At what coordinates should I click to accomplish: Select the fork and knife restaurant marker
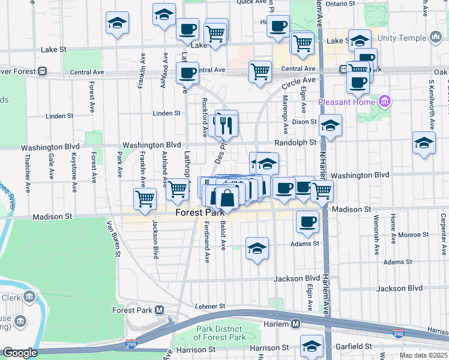226,125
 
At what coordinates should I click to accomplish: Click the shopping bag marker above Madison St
228,197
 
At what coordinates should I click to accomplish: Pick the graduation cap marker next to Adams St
257,248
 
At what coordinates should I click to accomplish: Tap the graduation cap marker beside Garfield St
312,347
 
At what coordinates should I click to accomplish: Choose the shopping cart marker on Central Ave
261,72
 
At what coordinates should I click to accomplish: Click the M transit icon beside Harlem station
296,324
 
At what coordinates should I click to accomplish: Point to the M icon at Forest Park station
159,310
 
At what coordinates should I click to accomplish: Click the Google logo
20,353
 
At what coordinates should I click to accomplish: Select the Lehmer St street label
210,306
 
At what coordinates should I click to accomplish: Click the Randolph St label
295,142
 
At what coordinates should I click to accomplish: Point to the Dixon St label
304,122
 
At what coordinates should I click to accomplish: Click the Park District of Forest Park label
221,333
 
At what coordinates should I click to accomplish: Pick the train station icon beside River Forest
42,71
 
